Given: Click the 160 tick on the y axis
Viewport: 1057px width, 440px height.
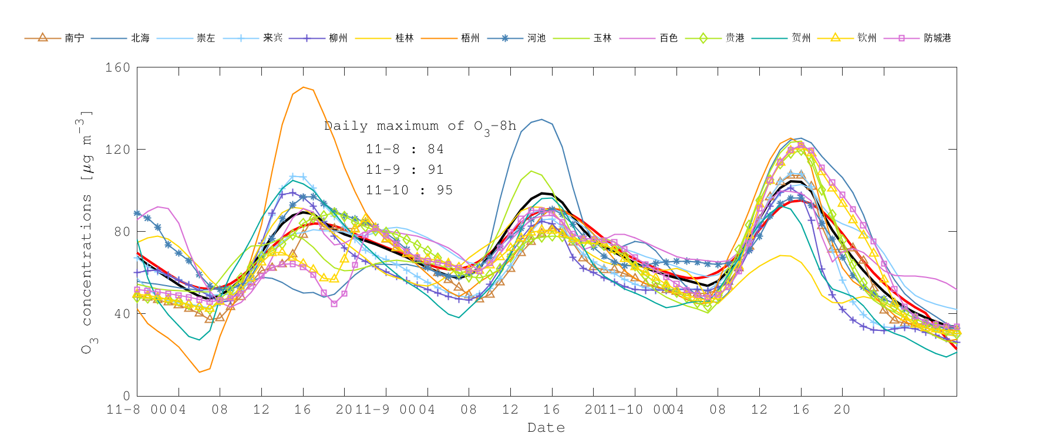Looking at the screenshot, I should point(117,67).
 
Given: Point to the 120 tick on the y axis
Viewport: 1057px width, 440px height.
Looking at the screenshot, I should point(117,150).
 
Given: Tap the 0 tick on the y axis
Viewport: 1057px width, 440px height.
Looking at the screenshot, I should point(126,396).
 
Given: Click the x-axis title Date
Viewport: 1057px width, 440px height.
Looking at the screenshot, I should point(546,428).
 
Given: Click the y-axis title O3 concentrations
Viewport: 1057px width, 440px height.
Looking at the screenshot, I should point(86,232).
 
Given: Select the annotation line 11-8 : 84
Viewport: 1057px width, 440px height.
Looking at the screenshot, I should point(405,149).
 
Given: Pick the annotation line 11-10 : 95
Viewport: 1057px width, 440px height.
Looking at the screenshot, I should point(409,190).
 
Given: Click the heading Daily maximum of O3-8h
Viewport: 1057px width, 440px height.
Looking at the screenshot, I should point(420,126).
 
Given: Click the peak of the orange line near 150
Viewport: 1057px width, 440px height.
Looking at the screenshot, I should point(303,87).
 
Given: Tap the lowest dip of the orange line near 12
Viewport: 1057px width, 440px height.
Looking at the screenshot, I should point(200,371).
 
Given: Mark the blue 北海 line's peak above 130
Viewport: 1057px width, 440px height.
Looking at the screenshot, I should point(541,120).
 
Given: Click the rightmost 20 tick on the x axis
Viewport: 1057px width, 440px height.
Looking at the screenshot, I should point(842,409).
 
